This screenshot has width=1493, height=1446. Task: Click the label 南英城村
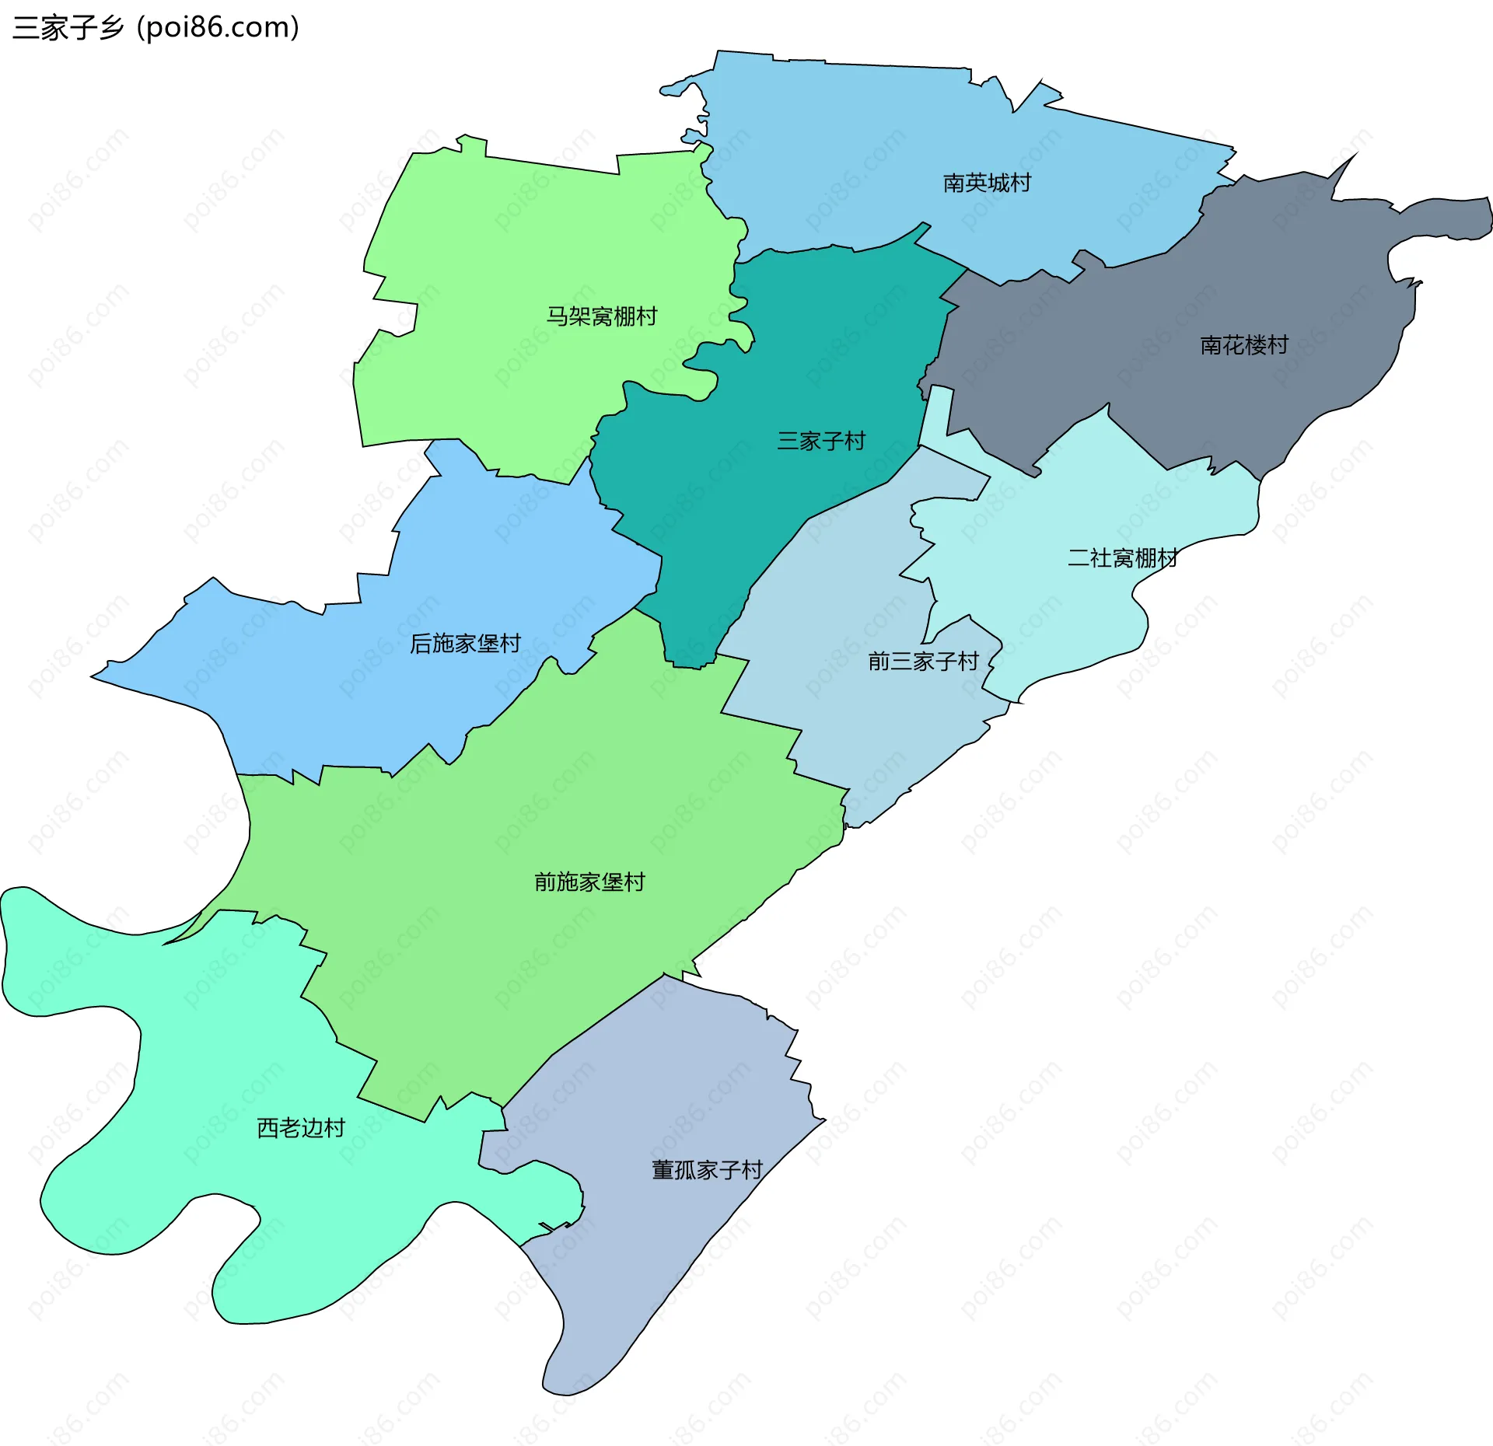coord(987,183)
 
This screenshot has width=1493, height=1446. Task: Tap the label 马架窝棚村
coord(601,316)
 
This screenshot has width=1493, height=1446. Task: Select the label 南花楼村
coord(1244,345)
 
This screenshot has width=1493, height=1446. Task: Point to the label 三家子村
coord(821,442)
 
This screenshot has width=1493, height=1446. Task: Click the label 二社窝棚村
coord(1122,558)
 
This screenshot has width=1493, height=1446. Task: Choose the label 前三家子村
coord(923,662)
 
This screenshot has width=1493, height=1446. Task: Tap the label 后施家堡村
coord(465,644)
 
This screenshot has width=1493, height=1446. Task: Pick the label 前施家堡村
coord(589,882)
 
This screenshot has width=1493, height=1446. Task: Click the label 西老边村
coord(301,1128)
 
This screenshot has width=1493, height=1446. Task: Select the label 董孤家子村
coord(707,1170)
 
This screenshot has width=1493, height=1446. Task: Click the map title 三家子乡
coord(68,28)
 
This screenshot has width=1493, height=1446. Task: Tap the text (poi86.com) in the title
coord(219,28)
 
